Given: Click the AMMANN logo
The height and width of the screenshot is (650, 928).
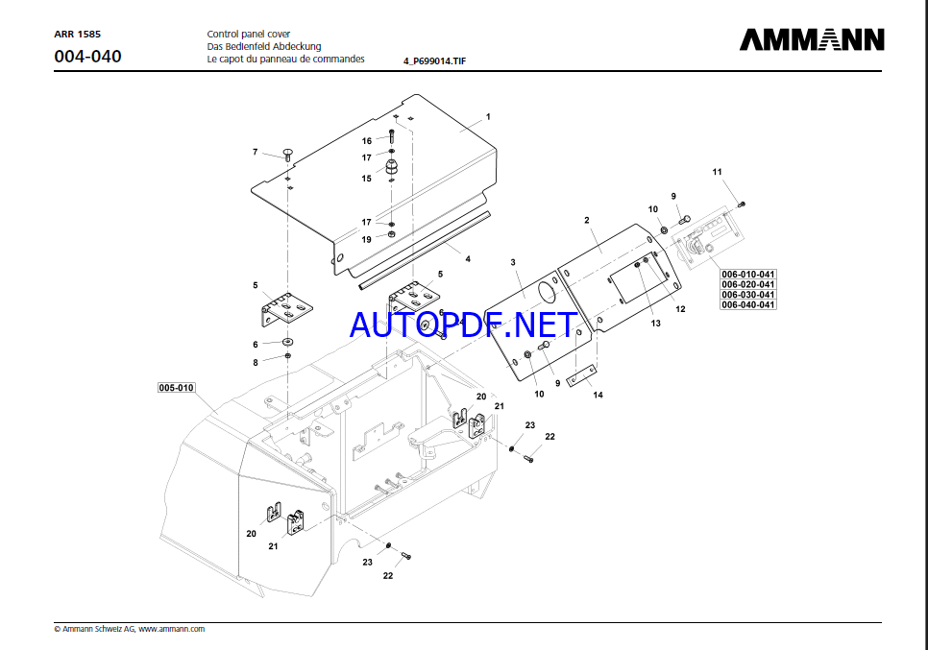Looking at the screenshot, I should click(x=812, y=39).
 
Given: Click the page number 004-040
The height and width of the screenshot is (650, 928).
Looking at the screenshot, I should click(x=87, y=57).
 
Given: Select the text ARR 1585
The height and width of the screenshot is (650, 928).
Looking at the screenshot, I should click(x=78, y=34).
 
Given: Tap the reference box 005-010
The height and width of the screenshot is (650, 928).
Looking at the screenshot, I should click(x=177, y=388).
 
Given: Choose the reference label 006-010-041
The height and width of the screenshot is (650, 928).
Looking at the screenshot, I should click(x=748, y=275).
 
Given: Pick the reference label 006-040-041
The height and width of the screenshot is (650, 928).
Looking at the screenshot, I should click(x=748, y=304).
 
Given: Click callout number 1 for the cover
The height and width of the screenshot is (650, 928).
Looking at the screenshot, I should click(x=488, y=116).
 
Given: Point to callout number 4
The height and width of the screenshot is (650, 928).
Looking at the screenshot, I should click(x=468, y=258).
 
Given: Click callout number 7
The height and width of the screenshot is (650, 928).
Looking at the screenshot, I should click(x=256, y=152).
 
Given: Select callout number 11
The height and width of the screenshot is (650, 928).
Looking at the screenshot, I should click(x=717, y=172).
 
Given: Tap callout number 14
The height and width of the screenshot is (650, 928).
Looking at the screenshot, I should click(x=598, y=395).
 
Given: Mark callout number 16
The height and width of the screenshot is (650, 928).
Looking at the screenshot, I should click(x=367, y=141).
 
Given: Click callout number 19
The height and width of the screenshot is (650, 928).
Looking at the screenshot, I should click(x=366, y=239).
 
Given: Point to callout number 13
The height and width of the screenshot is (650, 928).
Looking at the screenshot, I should click(x=656, y=324).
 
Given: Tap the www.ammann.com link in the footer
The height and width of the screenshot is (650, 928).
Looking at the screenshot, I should click(x=172, y=629).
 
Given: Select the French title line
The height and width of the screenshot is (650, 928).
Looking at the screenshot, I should click(x=285, y=59).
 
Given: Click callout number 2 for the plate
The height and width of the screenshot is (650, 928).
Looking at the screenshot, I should click(x=586, y=220).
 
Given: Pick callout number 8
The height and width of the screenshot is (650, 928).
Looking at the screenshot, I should click(x=256, y=362).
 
